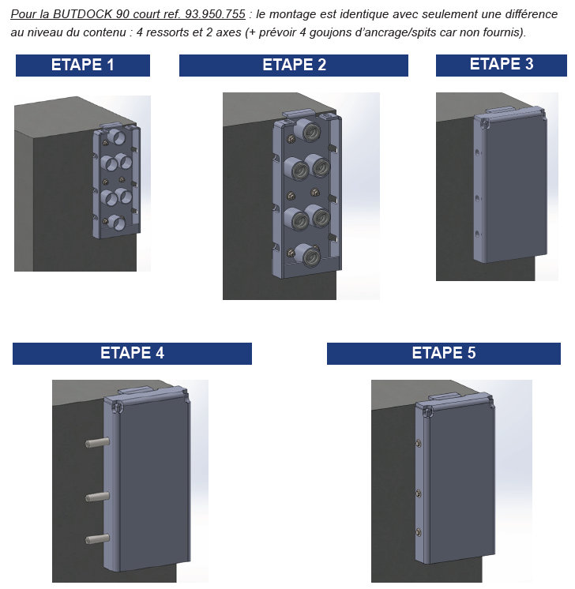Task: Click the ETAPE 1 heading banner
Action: coord(83,66)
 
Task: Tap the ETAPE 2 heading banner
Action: coord(294,66)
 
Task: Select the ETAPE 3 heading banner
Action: coord(502,65)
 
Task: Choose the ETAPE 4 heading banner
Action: coord(132,354)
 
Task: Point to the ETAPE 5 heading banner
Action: coord(443,354)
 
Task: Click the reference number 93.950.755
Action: coord(215,14)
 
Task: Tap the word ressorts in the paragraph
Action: coord(167,32)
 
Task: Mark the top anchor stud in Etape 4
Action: coord(97,442)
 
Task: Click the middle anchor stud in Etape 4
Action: coord(97,497)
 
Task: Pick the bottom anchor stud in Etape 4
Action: coord(97,539)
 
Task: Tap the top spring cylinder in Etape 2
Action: coord(307,130)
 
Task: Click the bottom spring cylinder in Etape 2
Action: coord(306,255)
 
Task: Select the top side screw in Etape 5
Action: coord(419,444)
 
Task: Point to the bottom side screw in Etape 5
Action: coord(419,531)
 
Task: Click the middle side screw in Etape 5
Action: coord(419,493)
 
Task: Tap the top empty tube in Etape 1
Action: coord(117,137)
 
